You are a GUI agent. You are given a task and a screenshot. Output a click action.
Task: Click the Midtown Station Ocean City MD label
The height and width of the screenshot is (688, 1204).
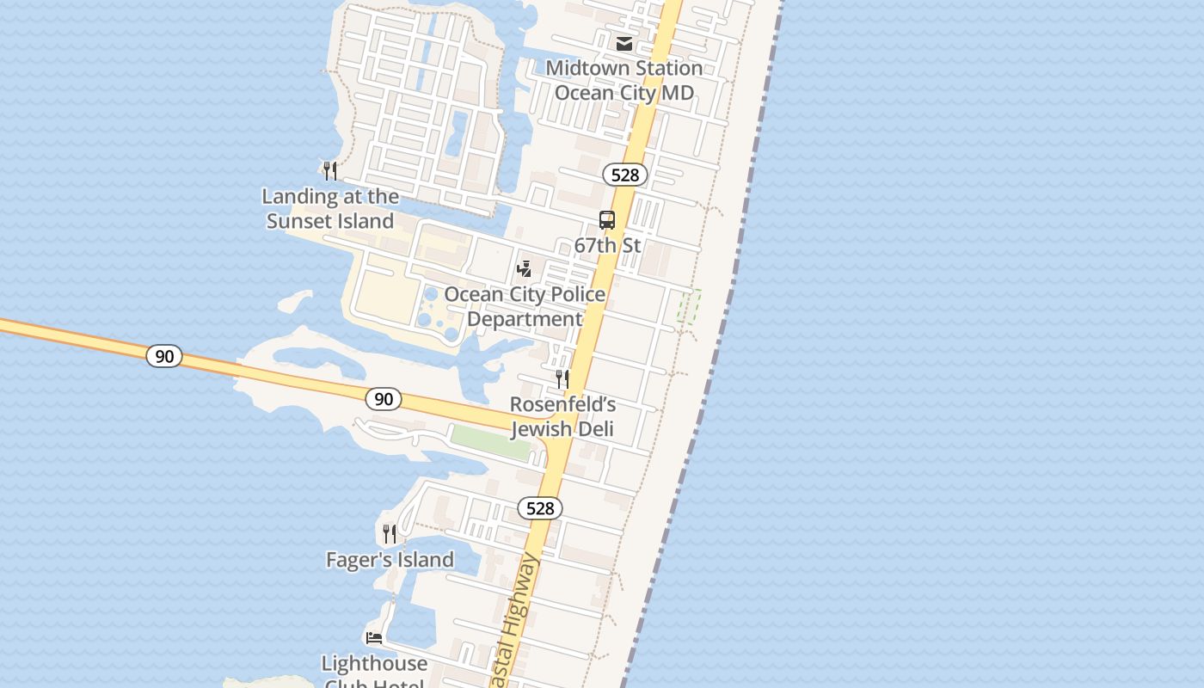click(x=624, y=80)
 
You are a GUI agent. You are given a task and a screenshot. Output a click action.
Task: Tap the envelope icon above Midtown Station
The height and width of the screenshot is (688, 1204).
click(x=624, y=44)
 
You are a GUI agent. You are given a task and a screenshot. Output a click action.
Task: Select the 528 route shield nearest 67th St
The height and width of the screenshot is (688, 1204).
click(x=624, y=175)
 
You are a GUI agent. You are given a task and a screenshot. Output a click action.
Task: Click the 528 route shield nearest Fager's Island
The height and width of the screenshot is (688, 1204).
click(x=540, y=508)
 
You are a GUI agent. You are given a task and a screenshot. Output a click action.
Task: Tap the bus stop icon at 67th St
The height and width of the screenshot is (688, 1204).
click(x=607, y=220)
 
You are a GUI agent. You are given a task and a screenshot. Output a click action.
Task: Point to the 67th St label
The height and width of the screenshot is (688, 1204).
click(x=607, y=246)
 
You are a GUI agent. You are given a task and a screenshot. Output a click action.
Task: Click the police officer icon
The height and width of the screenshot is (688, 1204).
click(x=524, y=269)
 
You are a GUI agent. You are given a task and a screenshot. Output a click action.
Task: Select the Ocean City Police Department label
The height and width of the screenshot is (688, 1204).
click(x=525, y=306)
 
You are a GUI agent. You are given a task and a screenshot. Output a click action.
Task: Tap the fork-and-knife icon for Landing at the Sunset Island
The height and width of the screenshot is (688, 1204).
click(x=330, y=170)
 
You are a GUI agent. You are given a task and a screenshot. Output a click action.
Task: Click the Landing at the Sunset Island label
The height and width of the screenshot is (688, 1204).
click(x=330, y=209)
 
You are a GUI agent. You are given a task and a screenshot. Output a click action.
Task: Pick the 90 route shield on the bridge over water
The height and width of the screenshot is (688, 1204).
click(x=163, y=355)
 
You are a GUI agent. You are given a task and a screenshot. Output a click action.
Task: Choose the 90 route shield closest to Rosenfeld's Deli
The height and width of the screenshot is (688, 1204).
click(x=384, y=399)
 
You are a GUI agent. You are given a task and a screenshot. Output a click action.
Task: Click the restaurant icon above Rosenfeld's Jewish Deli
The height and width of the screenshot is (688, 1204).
click(x=562, y=379)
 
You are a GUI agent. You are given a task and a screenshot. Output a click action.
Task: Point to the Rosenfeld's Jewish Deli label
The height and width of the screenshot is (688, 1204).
click(x=562, y=416)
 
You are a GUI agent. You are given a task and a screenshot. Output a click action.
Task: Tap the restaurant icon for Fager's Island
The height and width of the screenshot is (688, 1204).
click(x=390, y=534)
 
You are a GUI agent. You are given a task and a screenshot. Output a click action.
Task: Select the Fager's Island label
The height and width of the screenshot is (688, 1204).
click(x=390, y=560)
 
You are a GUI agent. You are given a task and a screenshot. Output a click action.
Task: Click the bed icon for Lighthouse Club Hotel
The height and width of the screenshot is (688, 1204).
click(x=374, y=638)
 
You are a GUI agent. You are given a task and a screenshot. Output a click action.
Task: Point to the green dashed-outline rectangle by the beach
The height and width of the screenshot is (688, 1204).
click(x=689, y=306)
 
